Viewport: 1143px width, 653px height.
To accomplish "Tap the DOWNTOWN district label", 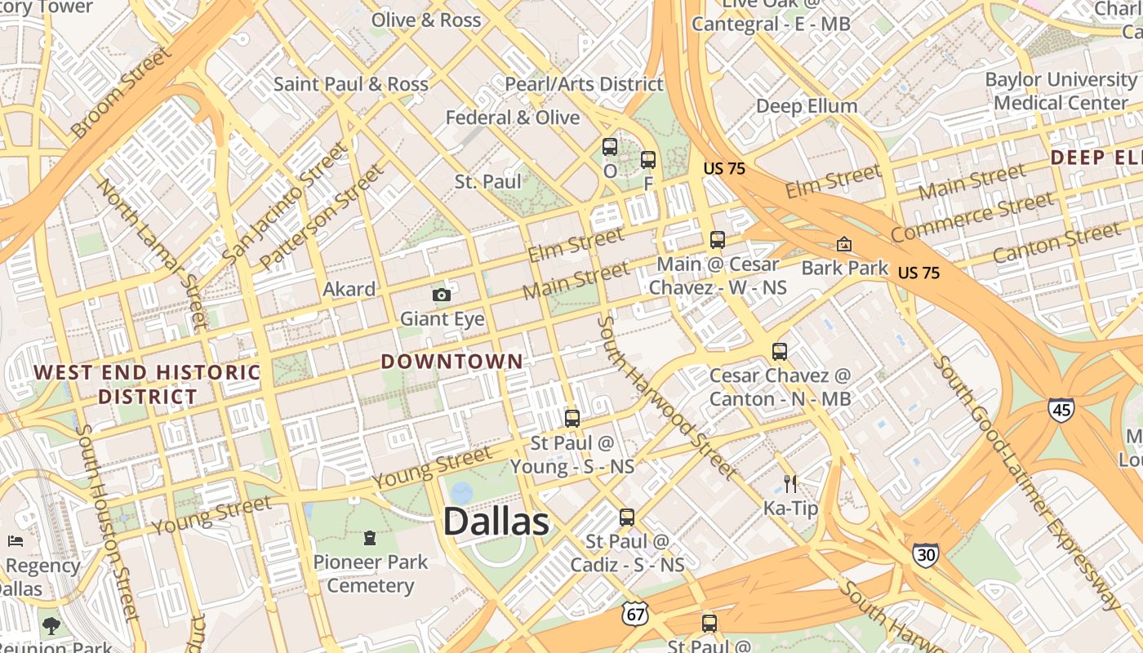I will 451,362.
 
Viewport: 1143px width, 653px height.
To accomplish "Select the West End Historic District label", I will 147,384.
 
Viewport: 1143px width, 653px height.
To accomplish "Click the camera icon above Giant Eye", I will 442,295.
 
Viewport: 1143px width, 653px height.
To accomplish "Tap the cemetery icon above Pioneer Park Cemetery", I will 370,538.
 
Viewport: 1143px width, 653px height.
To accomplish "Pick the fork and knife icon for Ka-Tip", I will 789,484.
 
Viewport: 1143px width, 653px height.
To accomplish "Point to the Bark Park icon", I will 844,244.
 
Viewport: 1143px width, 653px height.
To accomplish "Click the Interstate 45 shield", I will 1061,410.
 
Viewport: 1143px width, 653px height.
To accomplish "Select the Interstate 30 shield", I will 925,555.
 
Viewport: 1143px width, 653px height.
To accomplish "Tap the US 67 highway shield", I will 634,614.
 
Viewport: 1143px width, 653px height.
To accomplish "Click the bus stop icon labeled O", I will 610,147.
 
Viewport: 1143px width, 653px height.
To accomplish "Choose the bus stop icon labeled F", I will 648,160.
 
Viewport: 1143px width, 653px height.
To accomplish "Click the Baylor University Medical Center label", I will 1061,91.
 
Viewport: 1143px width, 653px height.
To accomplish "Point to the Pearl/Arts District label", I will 584,84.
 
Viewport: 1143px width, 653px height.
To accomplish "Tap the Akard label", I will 349,289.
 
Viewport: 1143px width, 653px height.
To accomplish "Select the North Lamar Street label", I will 153,252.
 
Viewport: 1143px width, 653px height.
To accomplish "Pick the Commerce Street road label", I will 972,217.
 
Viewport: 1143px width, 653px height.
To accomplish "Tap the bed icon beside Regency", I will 16,541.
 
